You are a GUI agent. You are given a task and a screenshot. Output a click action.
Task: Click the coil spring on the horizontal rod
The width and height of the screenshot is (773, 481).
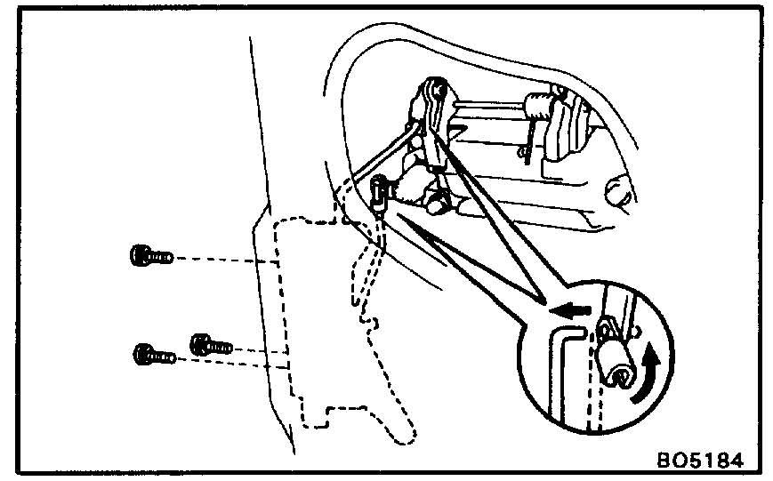[x=536, y=106]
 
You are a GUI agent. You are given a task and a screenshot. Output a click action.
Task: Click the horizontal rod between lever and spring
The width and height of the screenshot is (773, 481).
[x=489, y=106]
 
